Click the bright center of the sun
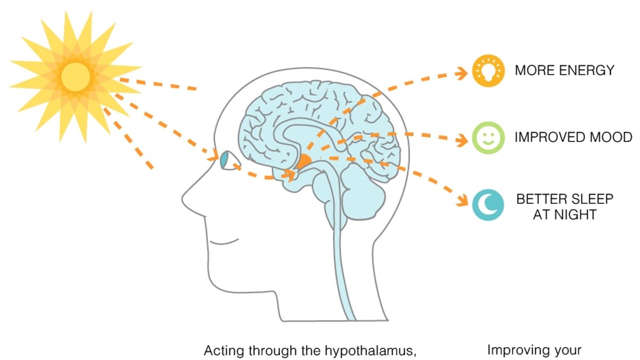75,77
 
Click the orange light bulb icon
488,71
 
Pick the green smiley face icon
488,138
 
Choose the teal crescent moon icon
488,205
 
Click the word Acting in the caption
221,351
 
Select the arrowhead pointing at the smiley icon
462,140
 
